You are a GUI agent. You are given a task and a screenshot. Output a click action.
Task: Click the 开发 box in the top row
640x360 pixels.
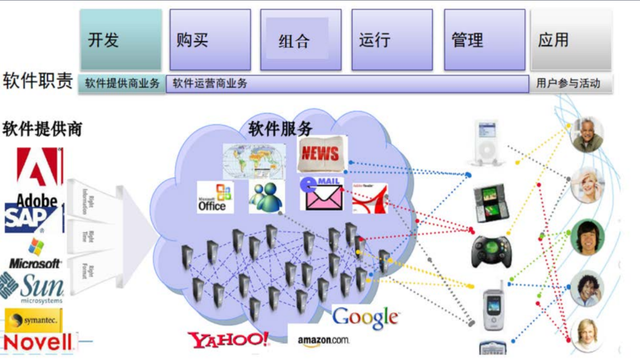(120, 40)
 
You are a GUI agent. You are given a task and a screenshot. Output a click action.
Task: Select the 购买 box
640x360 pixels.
(210, 40)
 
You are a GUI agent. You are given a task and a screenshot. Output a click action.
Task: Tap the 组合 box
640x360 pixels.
(300, 40)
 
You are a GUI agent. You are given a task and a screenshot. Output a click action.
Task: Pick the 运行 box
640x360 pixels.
(392, 40)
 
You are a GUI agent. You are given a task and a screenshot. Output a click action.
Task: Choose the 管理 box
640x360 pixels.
(484, 40)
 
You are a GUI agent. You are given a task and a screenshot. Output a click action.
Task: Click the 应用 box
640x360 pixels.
(570, 40)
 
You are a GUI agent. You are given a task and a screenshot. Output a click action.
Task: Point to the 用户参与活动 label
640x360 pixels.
(568, 83)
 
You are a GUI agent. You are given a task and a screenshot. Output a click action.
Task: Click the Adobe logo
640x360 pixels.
(39, 175)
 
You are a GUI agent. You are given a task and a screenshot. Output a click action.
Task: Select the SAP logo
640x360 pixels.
(31, 219)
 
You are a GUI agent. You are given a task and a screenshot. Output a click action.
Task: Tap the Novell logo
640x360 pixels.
(38, 342)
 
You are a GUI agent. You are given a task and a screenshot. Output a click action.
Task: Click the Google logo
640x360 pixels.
(365, 317)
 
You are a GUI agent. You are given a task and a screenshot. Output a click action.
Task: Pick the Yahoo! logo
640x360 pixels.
(228, 339)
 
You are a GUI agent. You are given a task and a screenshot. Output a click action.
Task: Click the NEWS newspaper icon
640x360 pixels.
(322, 153)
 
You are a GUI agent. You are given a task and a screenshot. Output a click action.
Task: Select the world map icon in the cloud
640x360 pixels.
(254, 160)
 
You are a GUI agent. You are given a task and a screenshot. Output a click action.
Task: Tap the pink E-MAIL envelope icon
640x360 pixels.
(322, 193)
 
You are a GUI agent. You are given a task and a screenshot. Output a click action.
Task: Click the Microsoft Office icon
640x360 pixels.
(215, 198)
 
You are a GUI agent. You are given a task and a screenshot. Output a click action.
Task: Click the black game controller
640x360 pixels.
(489, 251)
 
